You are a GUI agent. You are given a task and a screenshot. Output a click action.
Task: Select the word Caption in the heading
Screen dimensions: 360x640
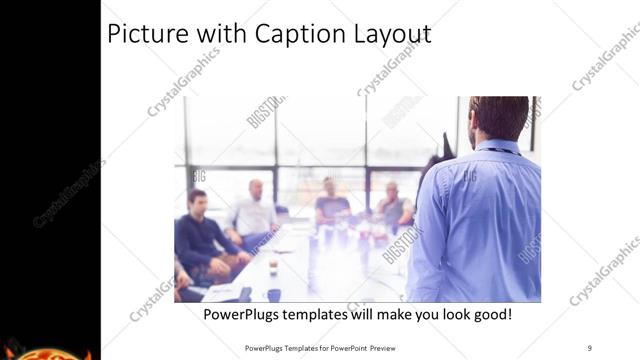tap(283, 34)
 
